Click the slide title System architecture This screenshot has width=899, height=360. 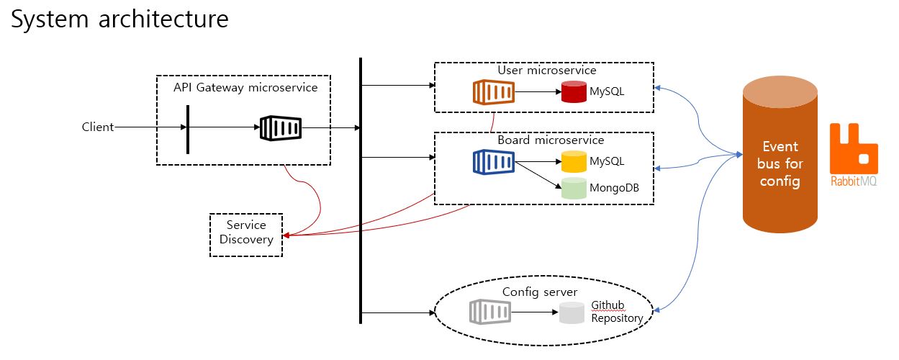click(119, 19)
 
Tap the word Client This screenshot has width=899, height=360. click(98, 127)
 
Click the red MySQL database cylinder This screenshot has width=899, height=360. click(574, 92)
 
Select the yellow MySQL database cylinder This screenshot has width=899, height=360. click(574, 161)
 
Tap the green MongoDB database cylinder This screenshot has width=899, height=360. click(574, 188)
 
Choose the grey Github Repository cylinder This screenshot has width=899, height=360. click(572, 312)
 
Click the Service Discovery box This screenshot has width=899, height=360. click(246, 233)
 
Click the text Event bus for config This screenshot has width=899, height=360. click(780, 164)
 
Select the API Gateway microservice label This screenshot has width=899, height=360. click(245, 88)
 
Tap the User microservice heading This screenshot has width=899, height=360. click(547, 71)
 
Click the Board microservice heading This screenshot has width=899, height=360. click(551, 140)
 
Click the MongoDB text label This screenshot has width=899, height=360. click(614, 189)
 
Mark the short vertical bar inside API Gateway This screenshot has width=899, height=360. click(188, 129)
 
